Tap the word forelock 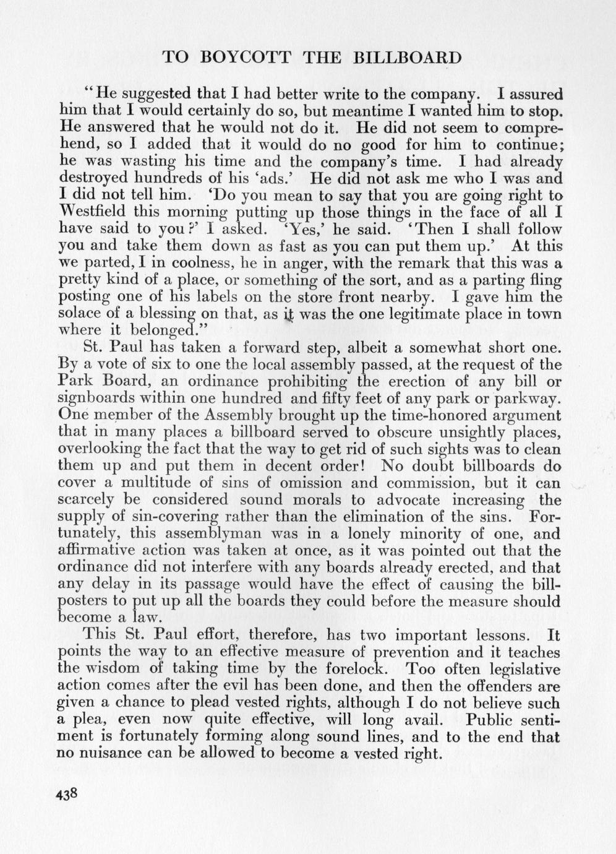pos(354,669)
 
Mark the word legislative pos(523,669)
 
